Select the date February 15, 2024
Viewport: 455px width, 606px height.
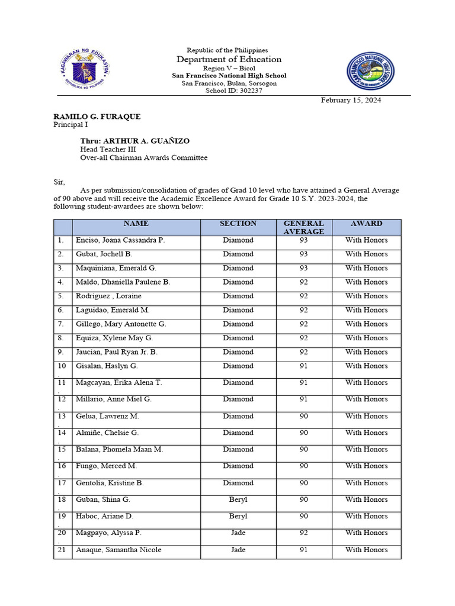coord(351,101)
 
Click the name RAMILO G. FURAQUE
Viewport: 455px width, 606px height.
coord(97,117)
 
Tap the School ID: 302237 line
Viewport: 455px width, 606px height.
coord(229,91)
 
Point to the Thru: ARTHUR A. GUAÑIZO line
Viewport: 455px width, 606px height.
coord(135,141)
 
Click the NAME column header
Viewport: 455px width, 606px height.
coord(136,224)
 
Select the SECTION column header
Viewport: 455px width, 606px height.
coord(238,224)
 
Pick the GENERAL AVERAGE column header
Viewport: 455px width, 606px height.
coord(303,227)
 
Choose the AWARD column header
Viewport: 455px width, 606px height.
coord(366,224)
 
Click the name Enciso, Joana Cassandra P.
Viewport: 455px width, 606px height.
coord(120,240)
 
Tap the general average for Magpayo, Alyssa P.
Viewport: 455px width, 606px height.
coord(303,533)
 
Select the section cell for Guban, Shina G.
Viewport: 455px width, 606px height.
coord(238,500)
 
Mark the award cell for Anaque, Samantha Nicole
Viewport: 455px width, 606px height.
coord(366,550)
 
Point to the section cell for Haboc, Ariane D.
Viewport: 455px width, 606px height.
coord(238,517)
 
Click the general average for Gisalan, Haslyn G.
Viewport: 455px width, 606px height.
coord(303,366)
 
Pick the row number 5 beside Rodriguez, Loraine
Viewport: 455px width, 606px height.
coord(60,296)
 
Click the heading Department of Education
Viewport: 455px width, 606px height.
coord(229,59)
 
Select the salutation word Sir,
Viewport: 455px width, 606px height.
coord(59,182)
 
